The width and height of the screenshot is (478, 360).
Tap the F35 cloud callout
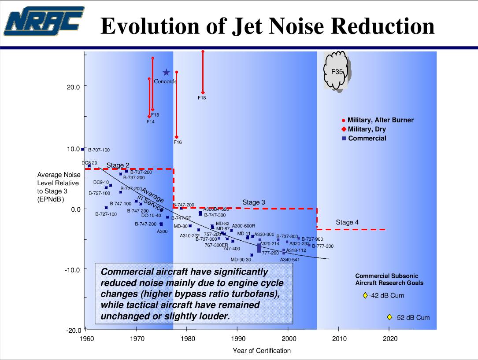(x=337, y=71)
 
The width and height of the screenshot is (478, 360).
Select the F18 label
(x=201, y=98)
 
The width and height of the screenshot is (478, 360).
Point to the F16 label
(x=178, y=142)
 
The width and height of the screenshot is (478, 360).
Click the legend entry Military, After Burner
(x=381, y=120)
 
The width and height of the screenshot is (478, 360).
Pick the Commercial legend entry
(x=367, y=138)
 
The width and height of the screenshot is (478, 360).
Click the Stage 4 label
(x=347, y=222)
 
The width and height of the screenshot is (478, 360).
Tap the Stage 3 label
(x=254, y=202)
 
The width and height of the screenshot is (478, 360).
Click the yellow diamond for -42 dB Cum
(x=365, y=295)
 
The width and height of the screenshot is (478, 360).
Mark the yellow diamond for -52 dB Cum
(x=389, y=317)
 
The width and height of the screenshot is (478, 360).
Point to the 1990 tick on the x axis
(x=237, y=338)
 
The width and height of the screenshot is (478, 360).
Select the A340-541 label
(x=290, y=260)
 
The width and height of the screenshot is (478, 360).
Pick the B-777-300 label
(x=323, y=246)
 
